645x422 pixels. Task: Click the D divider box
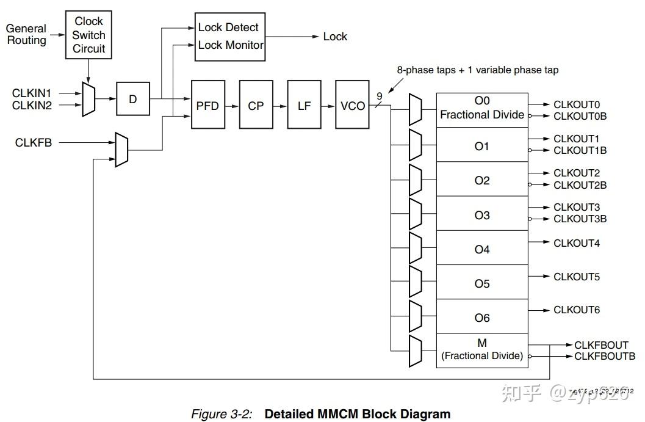[133, 98]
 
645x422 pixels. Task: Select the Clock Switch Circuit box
[89, 35]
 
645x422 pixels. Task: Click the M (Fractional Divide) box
[482, 350]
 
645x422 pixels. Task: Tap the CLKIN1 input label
[32, 93]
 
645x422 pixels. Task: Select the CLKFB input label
[34, 142]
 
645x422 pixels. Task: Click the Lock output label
[335, 37]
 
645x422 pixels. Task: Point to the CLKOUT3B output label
[580, 219]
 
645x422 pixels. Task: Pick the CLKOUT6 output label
[577, 310]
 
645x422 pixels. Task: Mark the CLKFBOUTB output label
[604, 356]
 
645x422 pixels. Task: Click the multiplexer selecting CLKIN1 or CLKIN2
[88, 99]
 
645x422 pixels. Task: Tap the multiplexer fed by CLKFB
[121, 148]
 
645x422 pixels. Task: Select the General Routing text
[26, 34]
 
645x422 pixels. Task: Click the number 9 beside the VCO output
[380, 96]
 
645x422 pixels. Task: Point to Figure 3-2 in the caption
[222, 414]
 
